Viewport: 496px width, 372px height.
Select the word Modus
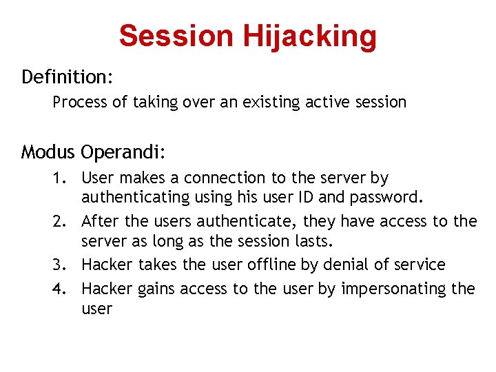(48, 151)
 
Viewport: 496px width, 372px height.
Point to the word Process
(80, 103)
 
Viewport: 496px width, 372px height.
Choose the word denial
(322, 265)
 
